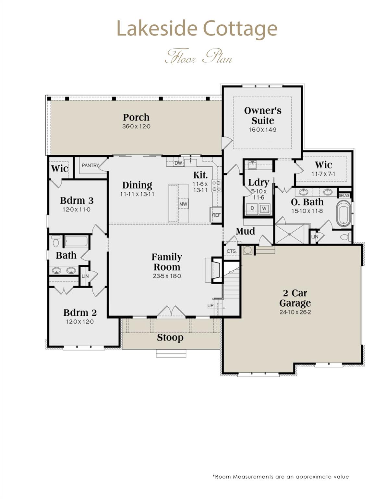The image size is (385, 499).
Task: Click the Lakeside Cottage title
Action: click(x=197, y=29)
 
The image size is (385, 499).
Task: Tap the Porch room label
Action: click(x=136, y=117)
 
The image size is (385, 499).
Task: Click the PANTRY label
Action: click(x=90, y=165)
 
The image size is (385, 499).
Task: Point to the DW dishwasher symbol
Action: click(x=178, y=163)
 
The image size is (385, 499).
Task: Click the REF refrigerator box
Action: click(x=216, y=215)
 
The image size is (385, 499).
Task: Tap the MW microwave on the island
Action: click(x=183, y=204)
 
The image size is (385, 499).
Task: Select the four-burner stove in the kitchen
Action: click(x=216, y=186)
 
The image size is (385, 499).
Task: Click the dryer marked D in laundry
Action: click(x=252, y=208)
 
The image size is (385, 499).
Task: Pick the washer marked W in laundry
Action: click(x=264, y=208)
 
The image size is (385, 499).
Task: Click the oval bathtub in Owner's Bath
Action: click(x=343, y=213)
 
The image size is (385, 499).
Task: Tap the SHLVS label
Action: click(x=344, y=196)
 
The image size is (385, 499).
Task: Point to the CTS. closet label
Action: click(x=232, y=251)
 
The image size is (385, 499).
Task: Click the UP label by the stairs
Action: click(x=211, y=306)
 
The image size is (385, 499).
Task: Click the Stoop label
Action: click(x=170, y=338)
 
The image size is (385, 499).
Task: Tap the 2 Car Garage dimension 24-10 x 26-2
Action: click(x=295, y=313)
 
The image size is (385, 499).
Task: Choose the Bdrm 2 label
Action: click(x=80, y=313)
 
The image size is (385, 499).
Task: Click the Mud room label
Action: click(x=245, y=231)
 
